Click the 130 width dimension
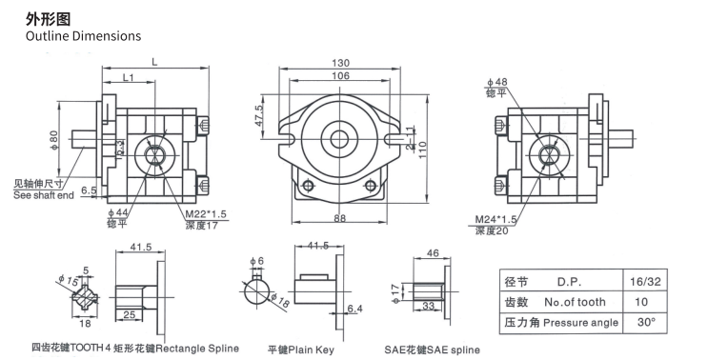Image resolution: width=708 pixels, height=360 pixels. [339, 63]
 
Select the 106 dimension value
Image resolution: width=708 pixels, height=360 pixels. [339, 76]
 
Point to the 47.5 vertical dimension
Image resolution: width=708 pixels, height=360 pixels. [259, 115]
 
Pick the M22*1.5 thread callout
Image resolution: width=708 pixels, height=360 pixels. [205, 214]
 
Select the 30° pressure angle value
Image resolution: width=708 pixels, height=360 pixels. [651, 322]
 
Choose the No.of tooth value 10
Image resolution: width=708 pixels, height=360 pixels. [651, 302]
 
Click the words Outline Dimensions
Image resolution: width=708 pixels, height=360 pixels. [83, 35]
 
